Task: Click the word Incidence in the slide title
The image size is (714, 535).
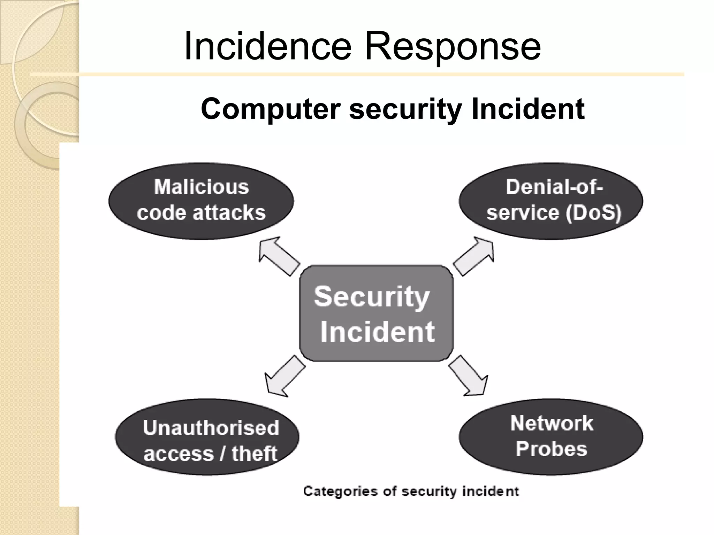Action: pos(268,46)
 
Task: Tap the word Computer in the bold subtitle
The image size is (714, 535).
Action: pos(271,109)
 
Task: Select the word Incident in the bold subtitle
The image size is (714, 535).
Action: pos(528,109)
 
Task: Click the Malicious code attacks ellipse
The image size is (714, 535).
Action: pos(201,201)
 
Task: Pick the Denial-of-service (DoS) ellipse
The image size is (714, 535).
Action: pos(551,201)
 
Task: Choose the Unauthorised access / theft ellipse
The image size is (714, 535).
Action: pos(207,437)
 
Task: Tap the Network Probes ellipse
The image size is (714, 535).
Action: pos(551,437)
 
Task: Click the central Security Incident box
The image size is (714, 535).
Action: pos(376,313)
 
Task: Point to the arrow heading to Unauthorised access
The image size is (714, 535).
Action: pos(284,376)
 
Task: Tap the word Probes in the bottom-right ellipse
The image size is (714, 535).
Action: pos(551,449)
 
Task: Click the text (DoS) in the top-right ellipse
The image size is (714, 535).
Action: pos(593,213)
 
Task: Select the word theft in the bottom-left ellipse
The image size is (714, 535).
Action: pos(255,454)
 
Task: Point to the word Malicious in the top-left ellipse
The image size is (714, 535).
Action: pos(202,187)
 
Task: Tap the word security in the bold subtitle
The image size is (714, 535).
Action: pos(405,109)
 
